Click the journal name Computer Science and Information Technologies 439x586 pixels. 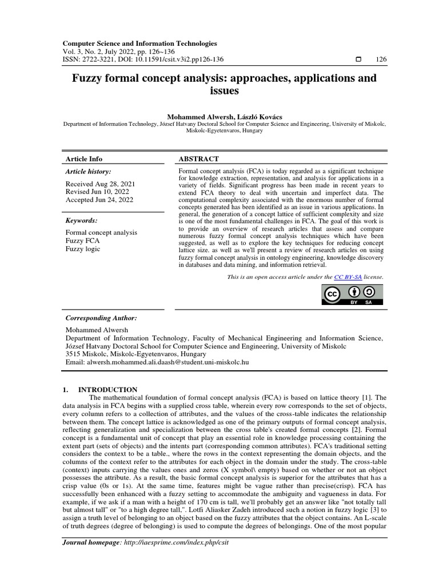pos(139,43)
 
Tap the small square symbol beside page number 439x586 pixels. pos(358,59)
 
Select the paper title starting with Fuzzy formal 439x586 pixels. pos(224,84)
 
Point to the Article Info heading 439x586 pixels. pos(84,159)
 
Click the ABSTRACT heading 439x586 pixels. pos(199,159)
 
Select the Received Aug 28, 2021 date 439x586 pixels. pos(100,184)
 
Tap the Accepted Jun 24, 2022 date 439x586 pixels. pos(99,200)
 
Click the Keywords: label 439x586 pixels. pos(82,220)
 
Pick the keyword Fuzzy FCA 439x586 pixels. pos(83,241)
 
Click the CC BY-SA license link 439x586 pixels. pos(348,276)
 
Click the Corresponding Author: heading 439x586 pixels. pos(101,318)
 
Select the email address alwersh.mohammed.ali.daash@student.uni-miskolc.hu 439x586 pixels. pos(166,362)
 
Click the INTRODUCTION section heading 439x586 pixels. pos(111,390)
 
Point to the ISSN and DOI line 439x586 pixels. pos(143,59)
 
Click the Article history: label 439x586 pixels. pos(89,171)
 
